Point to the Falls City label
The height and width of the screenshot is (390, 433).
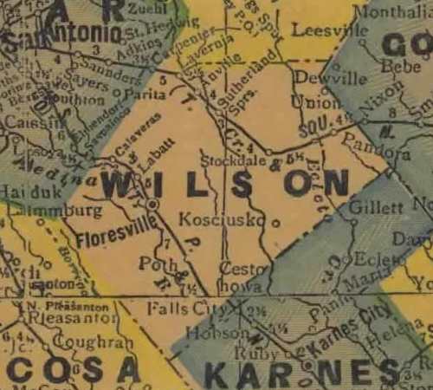coord(180,308)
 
